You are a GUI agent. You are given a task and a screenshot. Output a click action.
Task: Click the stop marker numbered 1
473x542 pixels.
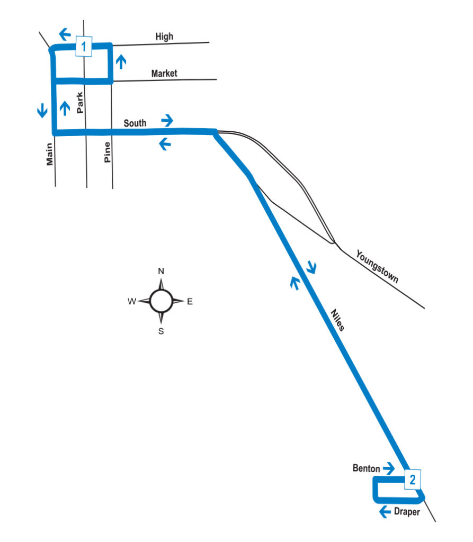[84, 47]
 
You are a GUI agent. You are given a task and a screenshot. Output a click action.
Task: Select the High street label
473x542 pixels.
[164, 37]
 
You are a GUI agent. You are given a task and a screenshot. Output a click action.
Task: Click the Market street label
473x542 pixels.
[164, 74]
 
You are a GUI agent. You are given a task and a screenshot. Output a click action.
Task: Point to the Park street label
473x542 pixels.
[80, 103]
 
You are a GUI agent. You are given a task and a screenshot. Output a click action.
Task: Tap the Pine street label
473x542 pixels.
[107, 152]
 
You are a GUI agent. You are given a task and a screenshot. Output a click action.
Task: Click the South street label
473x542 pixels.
[135, 123]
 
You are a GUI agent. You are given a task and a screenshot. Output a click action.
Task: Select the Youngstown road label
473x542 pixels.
[377, 267]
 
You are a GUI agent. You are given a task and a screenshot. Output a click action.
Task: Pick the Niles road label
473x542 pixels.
[337, 320]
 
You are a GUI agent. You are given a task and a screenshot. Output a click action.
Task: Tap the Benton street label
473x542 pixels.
[366, 468]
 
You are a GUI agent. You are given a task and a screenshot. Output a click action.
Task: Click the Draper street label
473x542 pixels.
[407, 512]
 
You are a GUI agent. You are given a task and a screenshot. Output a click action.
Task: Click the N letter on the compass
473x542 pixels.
[162, 272]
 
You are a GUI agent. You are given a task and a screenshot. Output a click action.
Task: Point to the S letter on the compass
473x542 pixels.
[162, 332]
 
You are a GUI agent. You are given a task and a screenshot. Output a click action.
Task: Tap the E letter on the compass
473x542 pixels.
[190, 302]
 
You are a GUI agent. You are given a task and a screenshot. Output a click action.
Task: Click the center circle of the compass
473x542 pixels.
[161, 301]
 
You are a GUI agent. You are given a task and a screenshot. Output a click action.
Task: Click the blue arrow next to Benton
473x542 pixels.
[389, 468]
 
